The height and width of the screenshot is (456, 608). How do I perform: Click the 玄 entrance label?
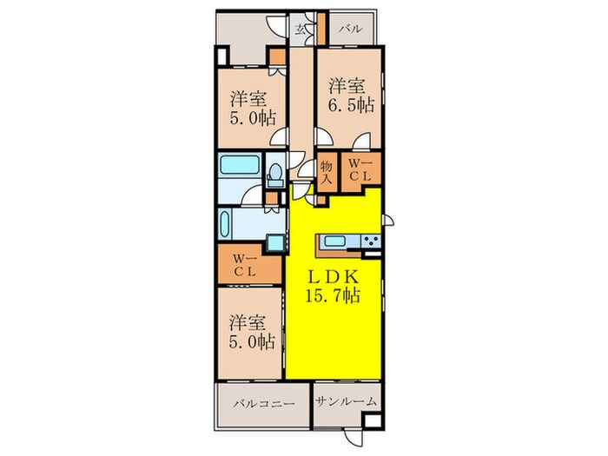pos(300,28)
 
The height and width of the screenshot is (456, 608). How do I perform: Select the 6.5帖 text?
pos(352,105)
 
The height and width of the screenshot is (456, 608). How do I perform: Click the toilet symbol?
pos(275,173)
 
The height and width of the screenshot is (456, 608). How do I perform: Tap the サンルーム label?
pos(346,402)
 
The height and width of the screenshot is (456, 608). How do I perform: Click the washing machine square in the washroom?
pos(274,243)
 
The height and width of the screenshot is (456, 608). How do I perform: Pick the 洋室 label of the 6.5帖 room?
pos(347,85)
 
